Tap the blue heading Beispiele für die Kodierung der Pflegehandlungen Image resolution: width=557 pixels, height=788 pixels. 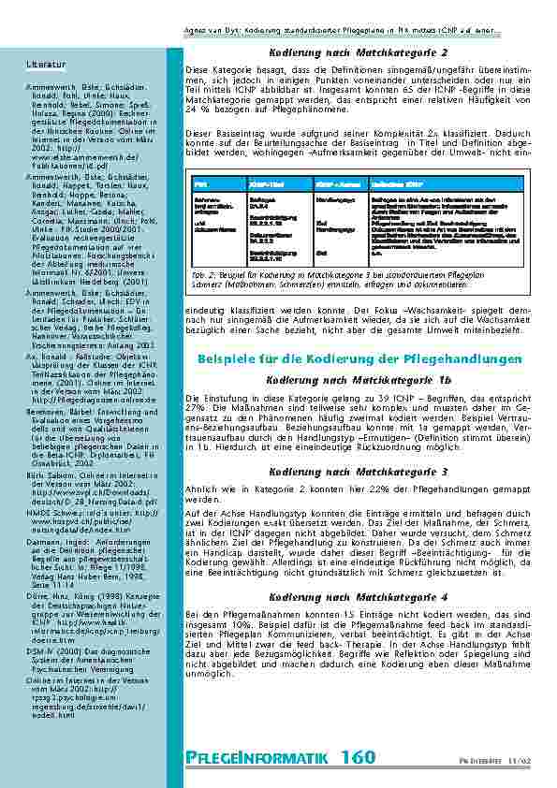(358, 358)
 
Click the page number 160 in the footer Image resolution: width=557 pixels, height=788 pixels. (359, 757)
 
